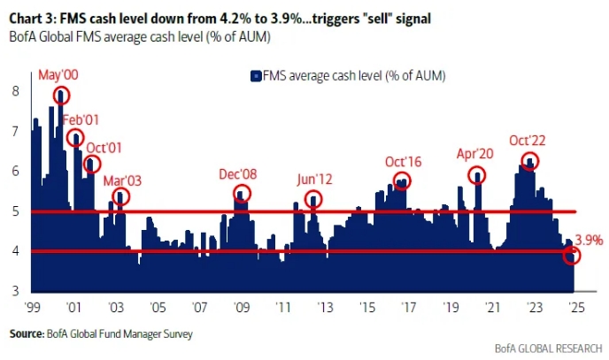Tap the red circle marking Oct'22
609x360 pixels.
tap(529, 161)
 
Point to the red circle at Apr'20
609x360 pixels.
tap(478, 175)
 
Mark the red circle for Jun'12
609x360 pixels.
tap(313, 199)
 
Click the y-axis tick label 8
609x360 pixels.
tap(16, 91)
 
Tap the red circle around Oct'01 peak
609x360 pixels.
tap(92, 164)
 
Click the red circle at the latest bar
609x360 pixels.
tap(572, 256)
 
